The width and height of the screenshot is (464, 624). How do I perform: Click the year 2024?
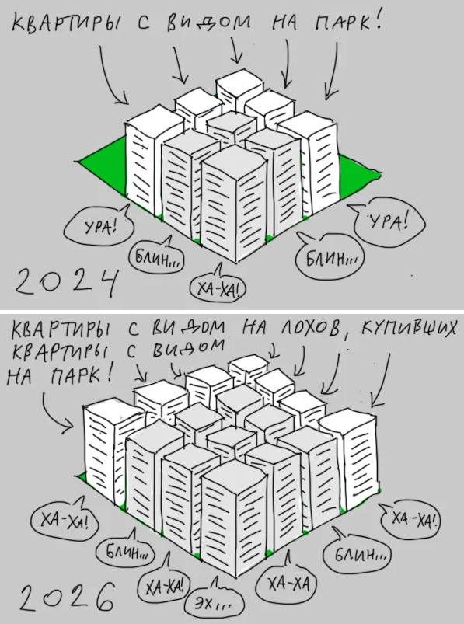(66, 282)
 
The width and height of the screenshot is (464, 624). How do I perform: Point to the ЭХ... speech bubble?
(214, 600)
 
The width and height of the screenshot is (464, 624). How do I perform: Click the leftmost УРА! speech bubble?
(99, 226)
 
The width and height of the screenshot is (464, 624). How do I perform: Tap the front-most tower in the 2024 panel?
(235, 203)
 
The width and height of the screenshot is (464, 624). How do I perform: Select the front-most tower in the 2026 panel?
(235, 518)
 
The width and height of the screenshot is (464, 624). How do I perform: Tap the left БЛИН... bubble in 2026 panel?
(127, 550)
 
